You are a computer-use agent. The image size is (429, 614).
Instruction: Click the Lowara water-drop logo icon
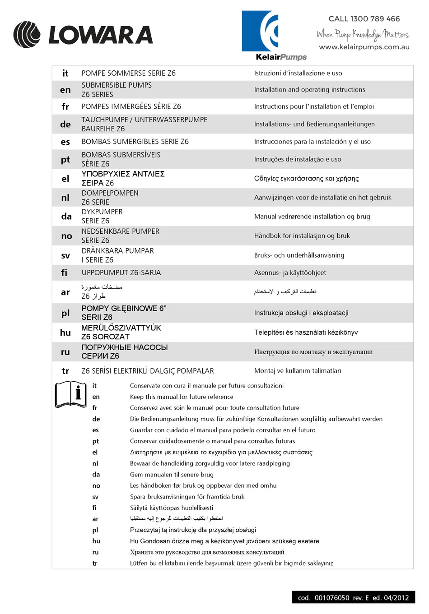coord(27,35)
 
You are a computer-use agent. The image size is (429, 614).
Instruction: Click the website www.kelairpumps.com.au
coord(364,47)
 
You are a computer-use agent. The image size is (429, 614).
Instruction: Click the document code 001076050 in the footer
coord(332,598)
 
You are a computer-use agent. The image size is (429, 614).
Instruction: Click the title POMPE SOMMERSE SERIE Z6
coord(129,73)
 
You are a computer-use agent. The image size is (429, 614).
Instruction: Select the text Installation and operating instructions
coord(309,90)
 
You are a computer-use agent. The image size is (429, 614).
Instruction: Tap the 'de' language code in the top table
coord(65,125)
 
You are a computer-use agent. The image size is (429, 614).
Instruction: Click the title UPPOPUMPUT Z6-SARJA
coord(121,272)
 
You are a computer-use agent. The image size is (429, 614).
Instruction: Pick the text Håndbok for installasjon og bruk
coord(302,235)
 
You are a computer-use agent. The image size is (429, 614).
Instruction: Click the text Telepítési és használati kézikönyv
coord(306,332)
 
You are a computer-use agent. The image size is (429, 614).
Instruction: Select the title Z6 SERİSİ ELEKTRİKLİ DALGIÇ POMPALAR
coord(148,371)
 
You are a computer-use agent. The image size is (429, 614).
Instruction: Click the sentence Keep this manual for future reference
coord(182,397)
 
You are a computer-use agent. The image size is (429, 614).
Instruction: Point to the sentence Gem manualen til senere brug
coord(172,475)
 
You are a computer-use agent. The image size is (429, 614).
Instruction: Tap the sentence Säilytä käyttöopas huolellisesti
coord(172,508)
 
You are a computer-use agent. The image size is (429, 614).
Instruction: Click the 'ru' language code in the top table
coord(65,352)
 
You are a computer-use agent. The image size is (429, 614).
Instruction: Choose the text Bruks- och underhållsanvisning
coord(299,255)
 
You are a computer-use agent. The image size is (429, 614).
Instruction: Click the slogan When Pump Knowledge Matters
coord(362,34)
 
